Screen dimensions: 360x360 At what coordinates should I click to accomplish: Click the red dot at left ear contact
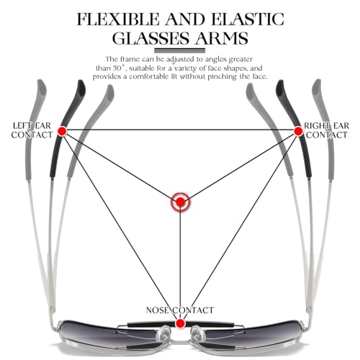(x=63, y=131)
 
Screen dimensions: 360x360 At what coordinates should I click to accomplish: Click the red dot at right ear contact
(x=299, y=131)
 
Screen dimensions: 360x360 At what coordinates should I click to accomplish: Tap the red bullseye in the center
(x=180, y=202)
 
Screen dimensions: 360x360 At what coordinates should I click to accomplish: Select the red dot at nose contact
(x=180, y=323)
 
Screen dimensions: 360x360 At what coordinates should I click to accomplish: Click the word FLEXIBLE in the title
(x=118, y=19)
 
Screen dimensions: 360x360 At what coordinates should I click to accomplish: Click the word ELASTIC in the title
(x=248, y=19)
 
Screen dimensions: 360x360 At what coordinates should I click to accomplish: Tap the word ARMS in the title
(x=221, y=38)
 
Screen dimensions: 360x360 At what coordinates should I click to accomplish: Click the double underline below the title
(x=180, y=50)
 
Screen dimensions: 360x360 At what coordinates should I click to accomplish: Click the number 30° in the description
(x=120, y=68)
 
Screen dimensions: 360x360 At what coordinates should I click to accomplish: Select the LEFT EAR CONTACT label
(x=32, y=130)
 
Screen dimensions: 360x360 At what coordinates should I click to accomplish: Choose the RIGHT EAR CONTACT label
(x=327, y=130)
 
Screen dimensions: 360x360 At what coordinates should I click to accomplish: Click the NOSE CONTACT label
(x=180, y=310)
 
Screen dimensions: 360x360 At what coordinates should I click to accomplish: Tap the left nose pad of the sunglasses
(x=163, y=333)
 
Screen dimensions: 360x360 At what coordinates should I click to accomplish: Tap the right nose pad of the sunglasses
(x=198, y=333)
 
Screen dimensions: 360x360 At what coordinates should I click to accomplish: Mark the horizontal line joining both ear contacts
(x=181, y=130)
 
